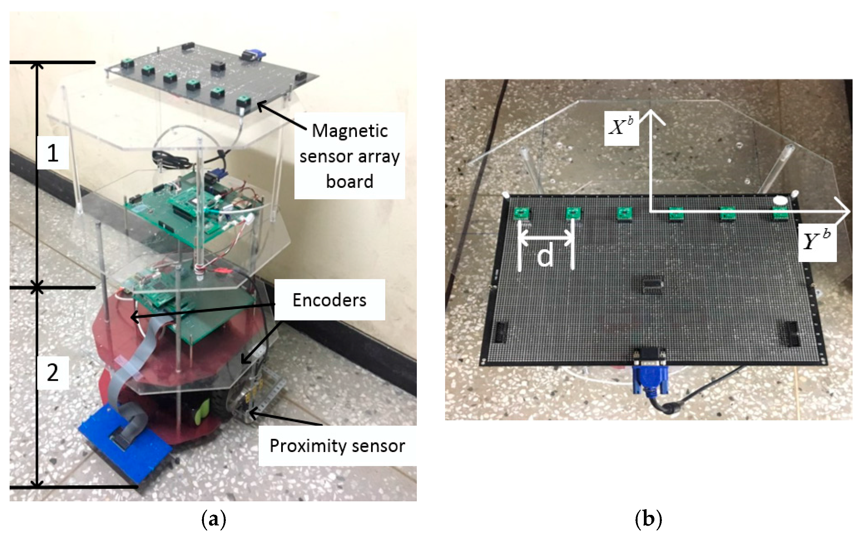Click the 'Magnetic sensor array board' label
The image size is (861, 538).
pyautogui.click(x=349, y=156)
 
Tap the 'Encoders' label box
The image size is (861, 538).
pyautogui.click(x=329, y=300)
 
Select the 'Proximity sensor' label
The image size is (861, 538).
pyautogui.click(x=337, y=445)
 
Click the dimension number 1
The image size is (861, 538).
pyautogui.click(x=53, y=153)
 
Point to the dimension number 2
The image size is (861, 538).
pyautogui.click(x=53, y=373)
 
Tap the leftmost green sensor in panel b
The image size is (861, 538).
pyautogui.click(x=522, y=214)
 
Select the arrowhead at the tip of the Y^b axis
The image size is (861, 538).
pyautogui.click(x=845, y=212)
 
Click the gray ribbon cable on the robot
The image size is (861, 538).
pyautogui.click(x=128, y=366)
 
